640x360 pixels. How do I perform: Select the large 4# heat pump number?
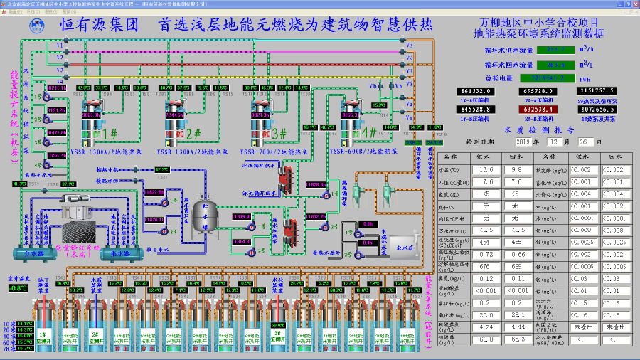pos(368,132)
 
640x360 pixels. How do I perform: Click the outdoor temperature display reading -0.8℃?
pos(18,288)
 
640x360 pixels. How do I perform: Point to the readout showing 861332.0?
pos(478,91)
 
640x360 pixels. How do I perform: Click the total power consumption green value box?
pos(545,78)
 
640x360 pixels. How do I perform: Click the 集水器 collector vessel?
pos(119,253)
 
